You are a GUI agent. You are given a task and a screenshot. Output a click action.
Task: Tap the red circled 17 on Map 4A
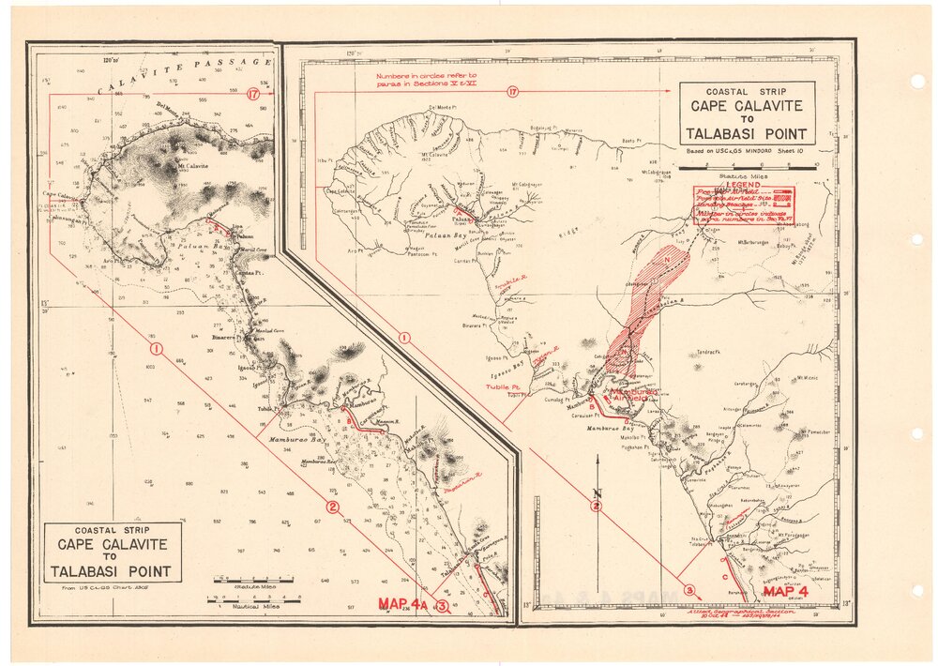tap(254, 94)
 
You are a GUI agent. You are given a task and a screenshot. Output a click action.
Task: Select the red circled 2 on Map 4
tap(596, 507)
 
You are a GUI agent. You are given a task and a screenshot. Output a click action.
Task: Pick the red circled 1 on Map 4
tap(404, 337)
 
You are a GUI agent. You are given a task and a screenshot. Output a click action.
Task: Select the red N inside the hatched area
tap(667, 258)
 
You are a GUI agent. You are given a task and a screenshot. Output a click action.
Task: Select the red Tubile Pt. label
tap(504, 386)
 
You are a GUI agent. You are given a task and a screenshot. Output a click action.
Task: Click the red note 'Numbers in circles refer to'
tap(426, 74)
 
